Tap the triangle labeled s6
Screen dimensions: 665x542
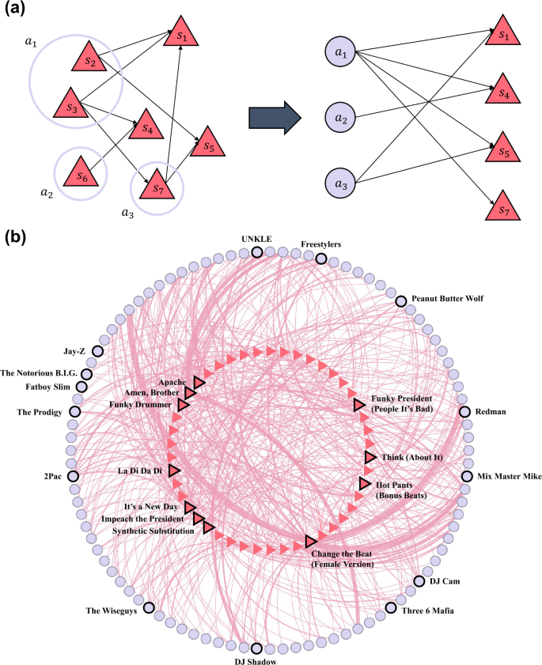[79, 173]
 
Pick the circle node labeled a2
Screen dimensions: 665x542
[341, 119]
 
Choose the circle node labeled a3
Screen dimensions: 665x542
[340, 183]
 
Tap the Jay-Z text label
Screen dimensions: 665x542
[76, 351]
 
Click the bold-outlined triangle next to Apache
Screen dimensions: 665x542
[199, 382]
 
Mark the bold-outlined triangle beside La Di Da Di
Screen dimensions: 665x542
[174, 470]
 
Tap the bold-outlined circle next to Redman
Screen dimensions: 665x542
[465, 411]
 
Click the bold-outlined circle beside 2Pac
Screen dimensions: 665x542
[73, 476]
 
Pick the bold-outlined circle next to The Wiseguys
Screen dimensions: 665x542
[149, 608]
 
